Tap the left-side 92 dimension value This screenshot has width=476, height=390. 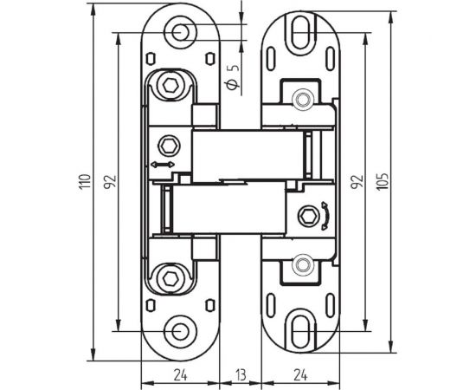pyautogui.click(x=109, y=183)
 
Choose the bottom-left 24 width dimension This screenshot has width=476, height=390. pyautogui.click(x=180, y=375)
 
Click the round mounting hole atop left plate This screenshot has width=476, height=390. pyautogui.click(x=180, y=33)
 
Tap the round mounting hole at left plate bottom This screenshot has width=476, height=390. pyautogui.click(x=180, y=332)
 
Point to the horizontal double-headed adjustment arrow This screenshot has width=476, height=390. pyautogui.click(x=163, y=164)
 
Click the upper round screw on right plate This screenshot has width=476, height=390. pyautogui.click(x=302, y=100)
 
